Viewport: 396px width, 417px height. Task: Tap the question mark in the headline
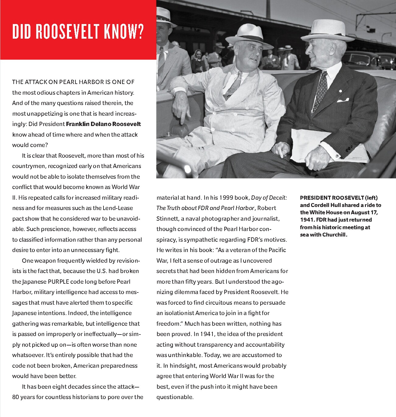click(x=140, y=31)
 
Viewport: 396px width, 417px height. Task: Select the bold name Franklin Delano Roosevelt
click(x=103, y=124)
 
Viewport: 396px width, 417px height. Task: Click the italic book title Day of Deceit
click(x=269, y=198)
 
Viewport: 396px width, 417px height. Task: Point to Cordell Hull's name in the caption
click(x=325, y=205)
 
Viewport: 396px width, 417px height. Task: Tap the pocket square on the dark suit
click(x=343, y=100)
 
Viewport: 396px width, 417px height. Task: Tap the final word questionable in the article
click(x=175, y=397)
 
